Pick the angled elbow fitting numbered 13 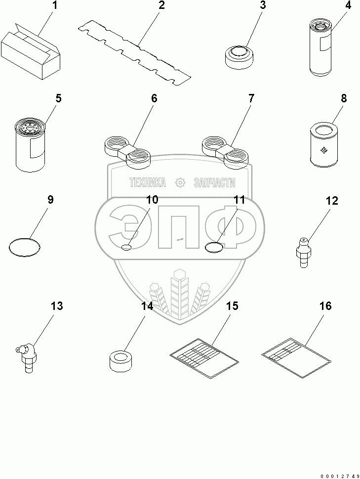click(26, 355)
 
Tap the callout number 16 click(325, 306)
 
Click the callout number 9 click(50, 200)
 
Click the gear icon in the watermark click(180, 183)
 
